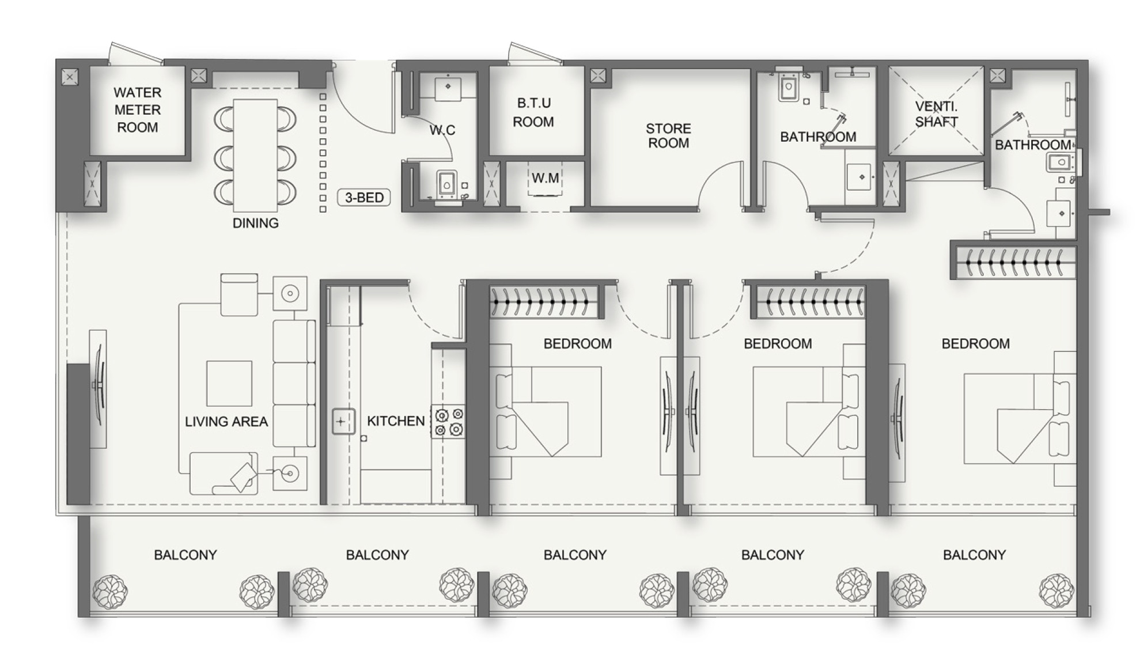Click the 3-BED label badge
point(364,198)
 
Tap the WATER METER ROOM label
point(137,109)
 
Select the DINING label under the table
point(255,223)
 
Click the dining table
point(255,155)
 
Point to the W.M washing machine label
point(545,178)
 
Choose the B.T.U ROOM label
point(533,112)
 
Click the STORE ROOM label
point(668,135)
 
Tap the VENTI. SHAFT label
point(936,114)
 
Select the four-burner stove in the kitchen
point(449,422)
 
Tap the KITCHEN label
point(396,421)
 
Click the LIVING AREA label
point(226,422)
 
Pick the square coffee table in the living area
point(229,384)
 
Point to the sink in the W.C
point(448,86)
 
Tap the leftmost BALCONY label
point(185,555)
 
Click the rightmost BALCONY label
point(974,555)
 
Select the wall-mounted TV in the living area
point(99,388)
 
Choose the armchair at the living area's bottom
point(224,474)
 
